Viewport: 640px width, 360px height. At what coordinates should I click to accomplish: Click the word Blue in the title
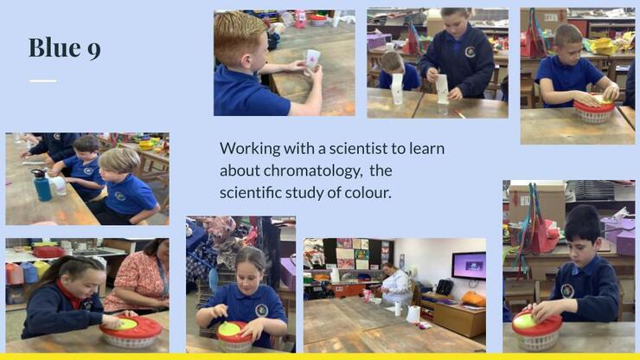(x=54, y=48)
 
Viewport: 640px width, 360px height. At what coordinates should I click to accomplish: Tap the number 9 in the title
(x=94, y=50)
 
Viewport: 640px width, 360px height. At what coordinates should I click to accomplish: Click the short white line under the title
(x=43, y=80)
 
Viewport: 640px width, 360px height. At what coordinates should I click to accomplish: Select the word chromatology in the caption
(x=313, y=170)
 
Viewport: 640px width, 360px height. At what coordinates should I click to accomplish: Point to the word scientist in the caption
(x=358, y=148)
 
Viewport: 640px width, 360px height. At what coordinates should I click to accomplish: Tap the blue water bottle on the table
(x=42, y=185)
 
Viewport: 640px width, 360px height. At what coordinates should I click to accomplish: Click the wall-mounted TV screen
(x=469, y=266)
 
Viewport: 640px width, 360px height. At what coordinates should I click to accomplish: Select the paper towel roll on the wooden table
(x=414, y=314)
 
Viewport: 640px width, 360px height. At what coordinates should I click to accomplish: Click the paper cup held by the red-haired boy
(x=312, y=61)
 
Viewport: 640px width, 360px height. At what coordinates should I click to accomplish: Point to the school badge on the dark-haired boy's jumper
(x=567, y=291)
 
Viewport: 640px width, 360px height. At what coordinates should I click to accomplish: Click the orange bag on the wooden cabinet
(x=473, y=299)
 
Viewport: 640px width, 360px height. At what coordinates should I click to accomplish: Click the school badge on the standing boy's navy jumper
(x=470, y=52)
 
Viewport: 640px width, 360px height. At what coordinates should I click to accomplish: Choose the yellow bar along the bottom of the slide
(x=320, y=357)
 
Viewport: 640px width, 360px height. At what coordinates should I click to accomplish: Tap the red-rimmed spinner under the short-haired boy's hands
(x=594, y=111)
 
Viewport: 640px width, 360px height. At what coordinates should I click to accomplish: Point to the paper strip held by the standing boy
(x=442, y=89)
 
